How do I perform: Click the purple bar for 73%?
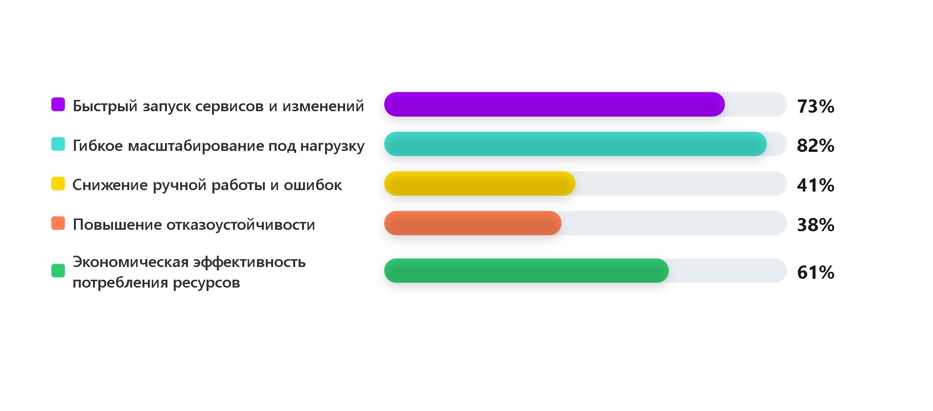[x=554, y=104]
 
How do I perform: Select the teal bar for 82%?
[x=575, y=144]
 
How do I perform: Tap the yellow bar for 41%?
[x=480, y=184]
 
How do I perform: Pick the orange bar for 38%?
[x=473, y=223]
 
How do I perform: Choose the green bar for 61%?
[x=526, y=271]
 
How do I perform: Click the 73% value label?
[x=816, y=106]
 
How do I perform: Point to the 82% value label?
[x=816, y=145]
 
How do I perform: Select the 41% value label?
[x=816, y=185]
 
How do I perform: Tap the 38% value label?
[x=816, y=225]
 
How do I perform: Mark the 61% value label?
[x=816, y=272]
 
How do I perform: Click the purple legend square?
[x=58, y=104]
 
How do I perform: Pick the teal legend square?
[x=58, y=144]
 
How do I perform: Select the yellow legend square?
[x=58, y=184]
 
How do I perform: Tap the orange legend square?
[x=58, y=223]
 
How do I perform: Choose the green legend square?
[x=58, y=271]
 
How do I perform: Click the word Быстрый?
[x=105, y=106]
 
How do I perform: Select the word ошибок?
[x=313, y=185]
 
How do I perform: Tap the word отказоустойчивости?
[x=241, y=225]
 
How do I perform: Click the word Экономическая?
[x=131, y=263]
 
